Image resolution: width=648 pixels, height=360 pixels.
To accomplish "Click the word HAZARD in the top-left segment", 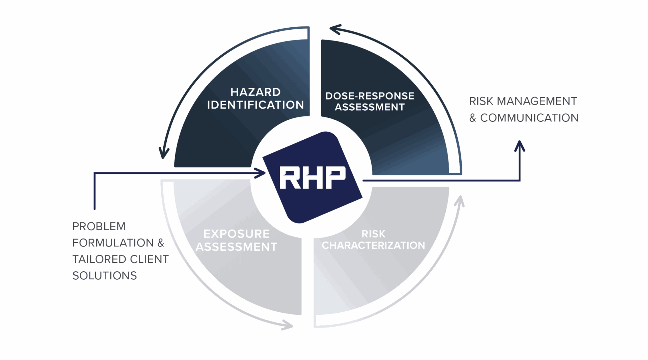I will click(x=255, y=92).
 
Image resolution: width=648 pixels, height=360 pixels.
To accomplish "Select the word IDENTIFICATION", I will click(x=255, y=105).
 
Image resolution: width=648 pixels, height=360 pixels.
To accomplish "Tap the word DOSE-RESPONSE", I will click(x=370, y=96).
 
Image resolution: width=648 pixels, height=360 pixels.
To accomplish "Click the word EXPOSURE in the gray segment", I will click(x=236, y=234).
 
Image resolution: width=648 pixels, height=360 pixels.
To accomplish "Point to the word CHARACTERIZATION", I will click(x=373, y=245).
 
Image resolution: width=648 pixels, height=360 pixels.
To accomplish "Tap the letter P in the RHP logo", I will click(x=334, y=177).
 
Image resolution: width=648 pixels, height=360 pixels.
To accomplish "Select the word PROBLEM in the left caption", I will click(x=99, y=226).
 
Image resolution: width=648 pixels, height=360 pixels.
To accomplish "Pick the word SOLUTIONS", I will click(x=105, y=276).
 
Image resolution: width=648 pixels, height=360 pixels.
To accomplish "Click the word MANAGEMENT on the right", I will click(x=537, y=101).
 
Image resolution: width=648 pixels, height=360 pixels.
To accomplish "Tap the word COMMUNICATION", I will click(x=529, y=118).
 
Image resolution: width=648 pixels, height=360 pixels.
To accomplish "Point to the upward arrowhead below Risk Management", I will click(x=520, y=146).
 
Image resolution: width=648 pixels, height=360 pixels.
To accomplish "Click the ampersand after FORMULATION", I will click(x=161, y=243).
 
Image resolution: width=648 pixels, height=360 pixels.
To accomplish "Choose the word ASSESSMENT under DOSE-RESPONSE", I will click(x=370, y=107).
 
